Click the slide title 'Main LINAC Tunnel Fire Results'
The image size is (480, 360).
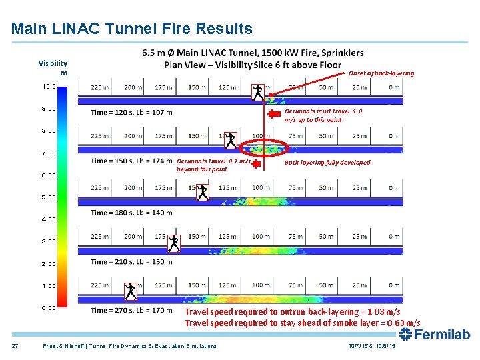[x=132, y=29]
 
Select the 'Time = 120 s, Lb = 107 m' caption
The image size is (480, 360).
[x=131, y=112]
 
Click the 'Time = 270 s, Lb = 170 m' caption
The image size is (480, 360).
[x=131, y=310]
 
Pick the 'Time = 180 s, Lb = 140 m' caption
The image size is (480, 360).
[x=131, y=213]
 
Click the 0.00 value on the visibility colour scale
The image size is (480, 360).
[x=49, y=308]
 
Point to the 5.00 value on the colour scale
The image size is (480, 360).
[x=49, y=197]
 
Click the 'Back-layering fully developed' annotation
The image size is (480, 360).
[x=327, y=162]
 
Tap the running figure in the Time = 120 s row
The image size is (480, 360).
[x=258, y=92]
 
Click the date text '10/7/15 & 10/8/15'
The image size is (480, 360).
[x=371, y=346]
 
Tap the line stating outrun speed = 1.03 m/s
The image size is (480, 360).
[x=292, y=311]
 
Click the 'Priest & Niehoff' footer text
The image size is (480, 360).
[x=129, y=346]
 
